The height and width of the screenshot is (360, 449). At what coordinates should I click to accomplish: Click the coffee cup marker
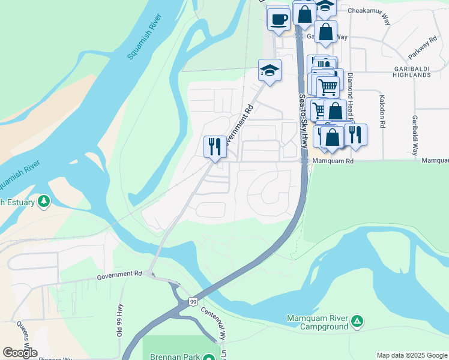[x=278, y=18]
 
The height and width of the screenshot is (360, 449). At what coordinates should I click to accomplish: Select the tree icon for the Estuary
[x=43, y=201]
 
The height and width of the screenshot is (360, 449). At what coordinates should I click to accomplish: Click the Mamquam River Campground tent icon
[x=357, y=322]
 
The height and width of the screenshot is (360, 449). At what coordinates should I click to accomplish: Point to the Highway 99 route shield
[x=192, y=301]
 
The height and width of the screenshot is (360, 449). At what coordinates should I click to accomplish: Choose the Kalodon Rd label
[x=381, y=111]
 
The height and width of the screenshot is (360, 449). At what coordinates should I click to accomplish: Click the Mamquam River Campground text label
[x=317, y=322]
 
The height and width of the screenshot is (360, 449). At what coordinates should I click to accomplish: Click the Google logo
[x=20, y=353]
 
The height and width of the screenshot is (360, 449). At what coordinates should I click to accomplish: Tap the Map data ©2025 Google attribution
[x=411, y=355]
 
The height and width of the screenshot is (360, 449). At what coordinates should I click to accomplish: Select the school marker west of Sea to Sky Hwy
[x=270, y=72]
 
